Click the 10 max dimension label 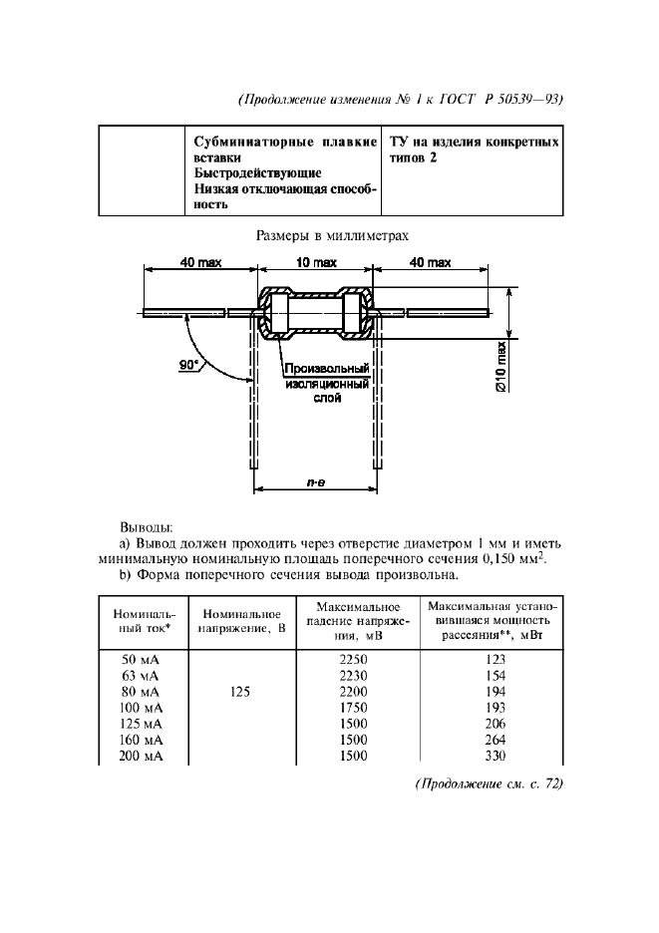(317, 262)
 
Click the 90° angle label (189, 365)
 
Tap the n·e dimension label (316, 481)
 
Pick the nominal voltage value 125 (239, 690)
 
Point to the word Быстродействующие (257, 172)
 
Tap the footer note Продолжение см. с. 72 (489, 783)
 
